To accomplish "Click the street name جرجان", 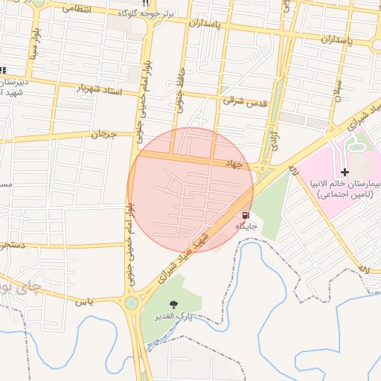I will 104,135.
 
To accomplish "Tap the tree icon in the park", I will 173,304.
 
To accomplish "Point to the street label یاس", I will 87,301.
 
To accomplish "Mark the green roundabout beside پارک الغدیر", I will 132,303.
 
